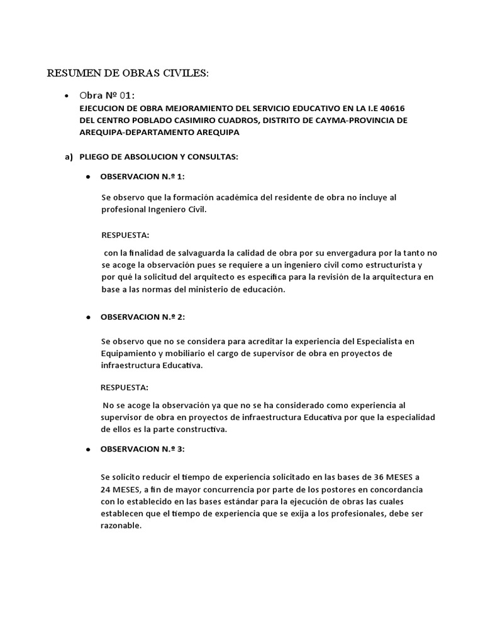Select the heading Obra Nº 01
pos(106,95)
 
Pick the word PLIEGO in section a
pos(94,156)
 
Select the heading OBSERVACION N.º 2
pos(143,318)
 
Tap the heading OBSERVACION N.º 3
pos(143,450)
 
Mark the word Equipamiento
pos(129,354)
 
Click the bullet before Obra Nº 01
pos(67,96)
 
